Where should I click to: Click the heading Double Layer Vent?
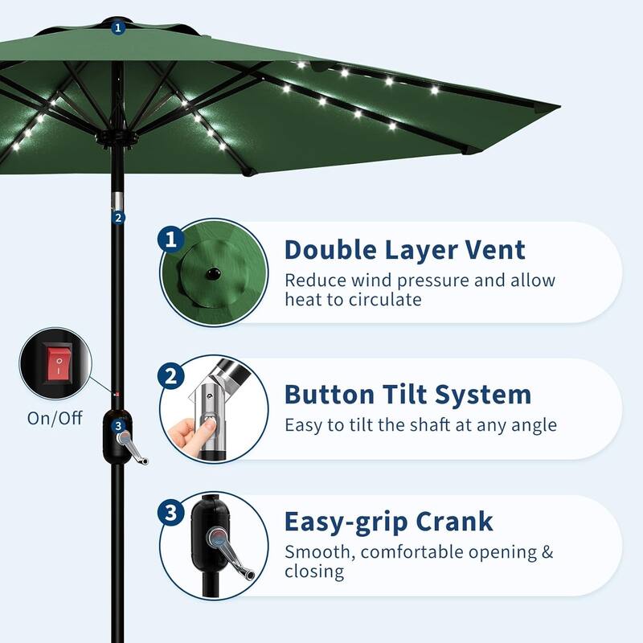point(404,250)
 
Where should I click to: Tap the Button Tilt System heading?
point(408,395)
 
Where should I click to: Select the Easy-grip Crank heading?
point(388,522)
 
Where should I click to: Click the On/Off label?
point(54,419)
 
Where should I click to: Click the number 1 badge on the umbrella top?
point(119,27)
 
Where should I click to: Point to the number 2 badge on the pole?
point(118,217)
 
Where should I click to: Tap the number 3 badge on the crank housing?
point(118,426)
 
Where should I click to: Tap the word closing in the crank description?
point(314,571)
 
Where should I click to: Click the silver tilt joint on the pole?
point(118,201)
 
